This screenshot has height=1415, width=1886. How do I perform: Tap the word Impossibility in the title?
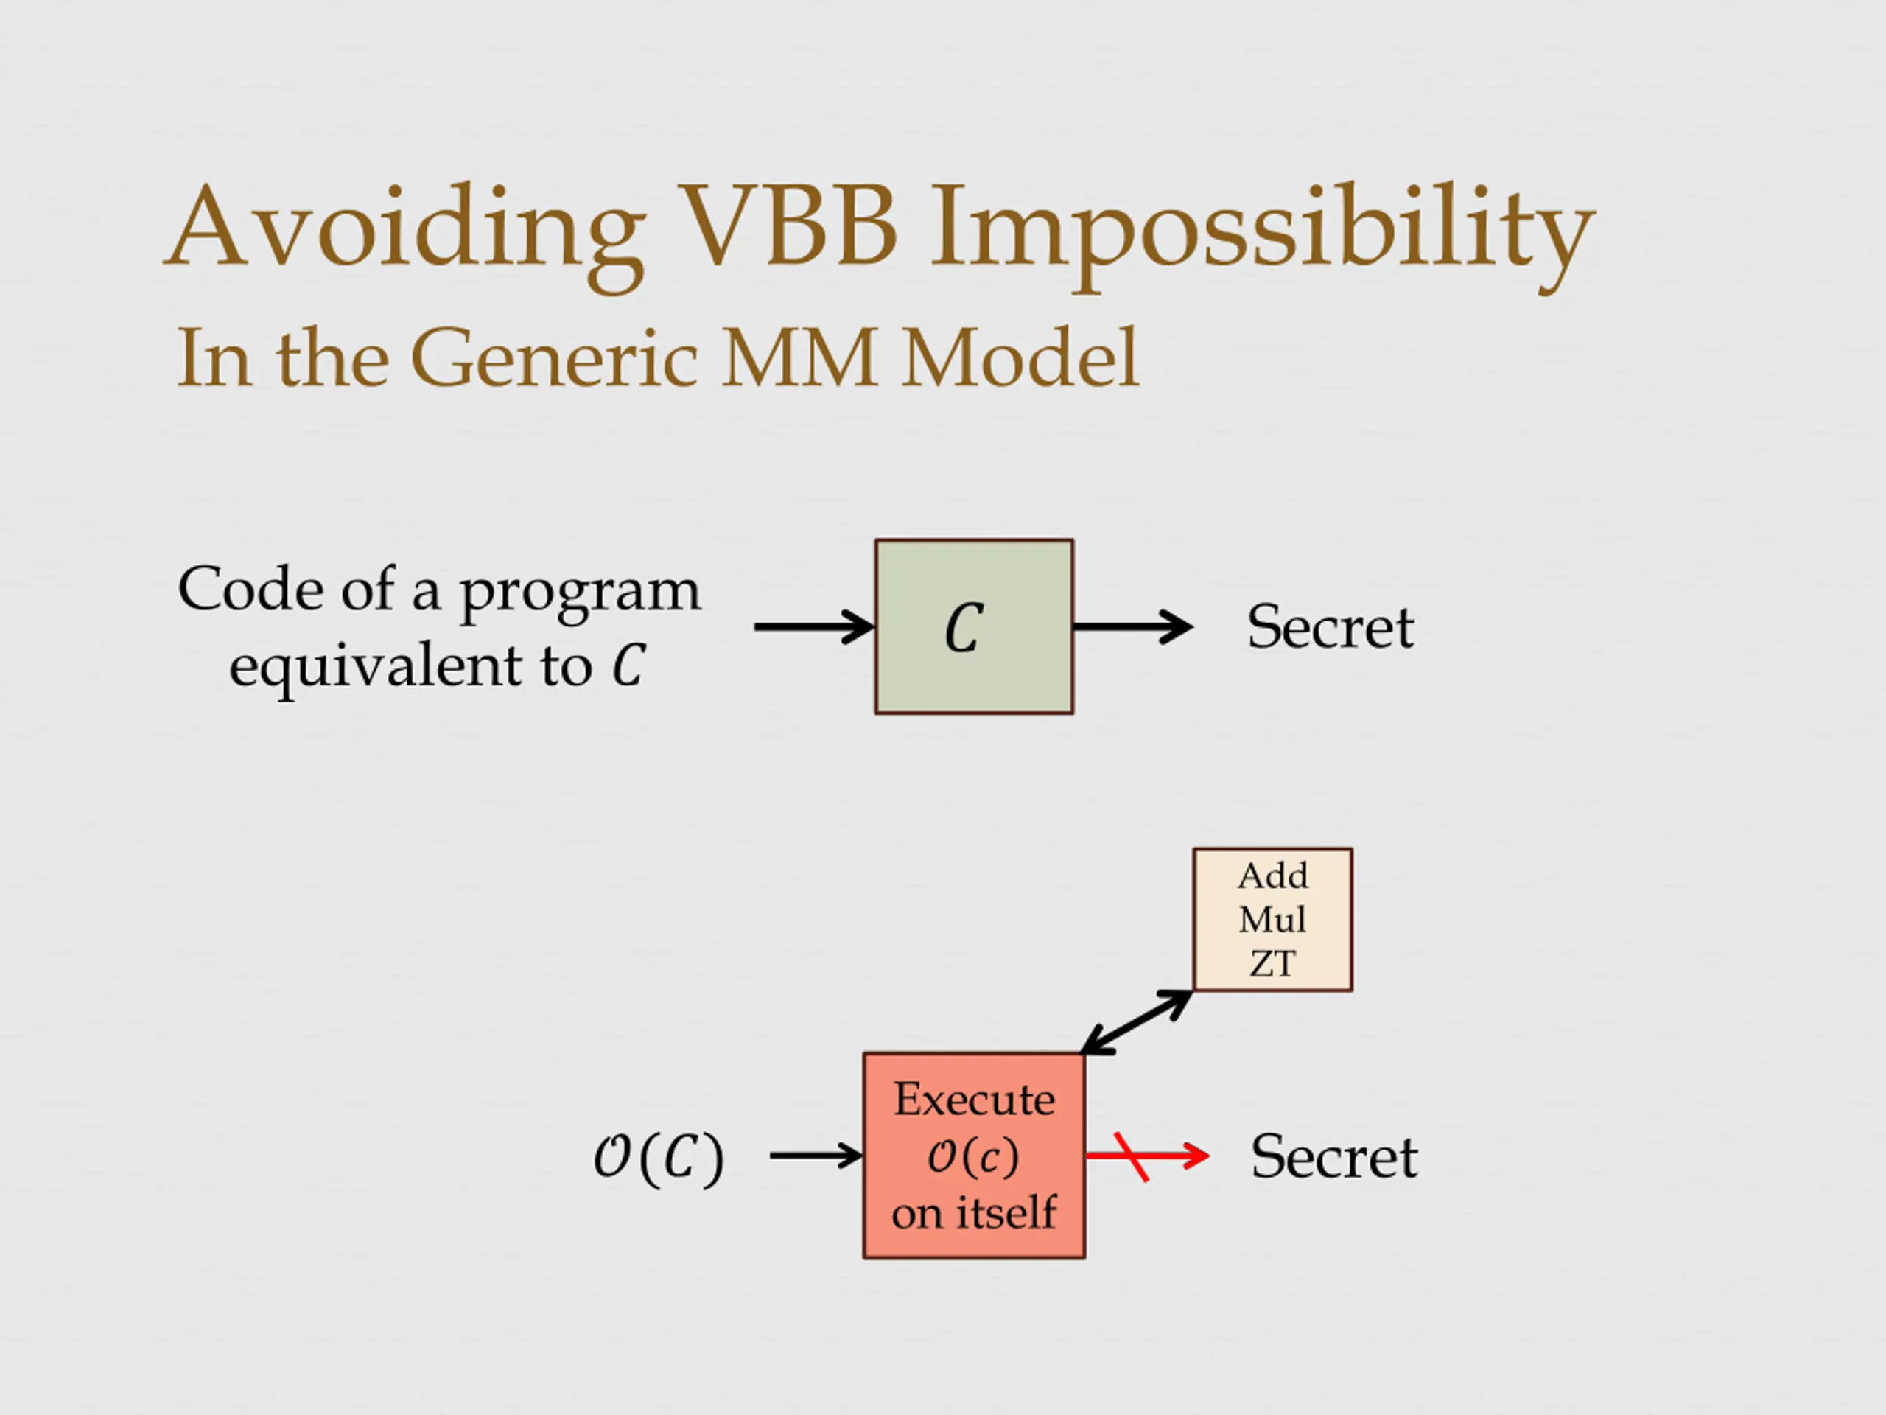click(1262, 230)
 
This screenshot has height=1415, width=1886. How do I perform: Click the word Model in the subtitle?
click(1020, 358)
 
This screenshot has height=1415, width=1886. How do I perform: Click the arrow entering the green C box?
click(813, 627)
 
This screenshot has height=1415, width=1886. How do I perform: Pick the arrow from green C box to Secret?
click(1132, 627)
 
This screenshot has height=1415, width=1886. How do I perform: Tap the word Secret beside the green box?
click(1330, 628)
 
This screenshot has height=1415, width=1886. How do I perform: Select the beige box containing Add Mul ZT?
click(1272, 920)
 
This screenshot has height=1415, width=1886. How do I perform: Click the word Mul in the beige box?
click(1272, 920)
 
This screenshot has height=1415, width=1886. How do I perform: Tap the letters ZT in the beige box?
click(1272, 965)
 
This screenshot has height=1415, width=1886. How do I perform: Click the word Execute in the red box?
click(974, 1100)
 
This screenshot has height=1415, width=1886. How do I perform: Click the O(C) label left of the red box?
click(658, 1157)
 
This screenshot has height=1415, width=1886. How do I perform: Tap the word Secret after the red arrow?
click(1333, 1157)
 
